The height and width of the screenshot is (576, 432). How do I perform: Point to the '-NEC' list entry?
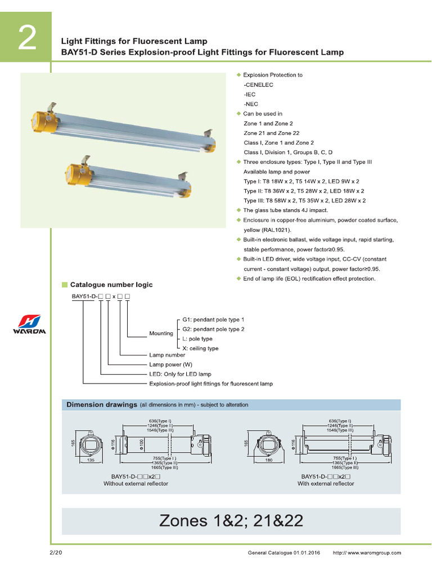click(251, 104)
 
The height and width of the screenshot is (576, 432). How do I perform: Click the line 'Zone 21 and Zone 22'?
click(268, 133)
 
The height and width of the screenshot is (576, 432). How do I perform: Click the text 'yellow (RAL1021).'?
click(267, 230)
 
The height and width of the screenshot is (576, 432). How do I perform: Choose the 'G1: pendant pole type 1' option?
click(213, 319)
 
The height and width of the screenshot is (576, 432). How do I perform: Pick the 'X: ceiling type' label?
click(200, 349)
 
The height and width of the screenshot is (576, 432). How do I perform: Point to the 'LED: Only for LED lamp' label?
click(180, 374)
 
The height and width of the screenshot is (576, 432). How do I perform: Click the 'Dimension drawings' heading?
click(102, 404)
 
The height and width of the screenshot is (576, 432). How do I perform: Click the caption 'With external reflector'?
click(326, 483)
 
